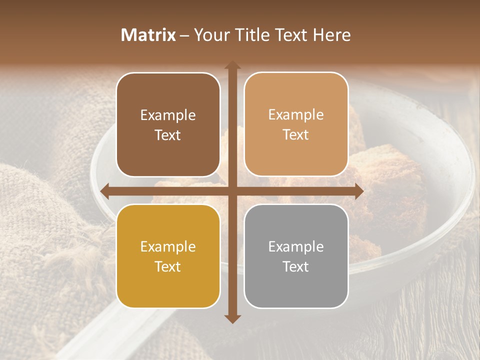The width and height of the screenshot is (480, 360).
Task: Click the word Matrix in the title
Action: click(x=148, y=35)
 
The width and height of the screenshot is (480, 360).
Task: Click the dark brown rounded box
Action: click(x=168, y=125)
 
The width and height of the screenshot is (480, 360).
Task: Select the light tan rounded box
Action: click(x=296, y=124)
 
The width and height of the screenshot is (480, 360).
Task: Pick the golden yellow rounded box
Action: click(x=168, y=256)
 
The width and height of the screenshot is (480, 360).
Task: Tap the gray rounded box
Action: click(x=296, y=256)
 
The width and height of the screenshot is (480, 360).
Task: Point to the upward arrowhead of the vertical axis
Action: click(x=232, y=65)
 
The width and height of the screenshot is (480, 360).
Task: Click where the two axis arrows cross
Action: click(x=232, y=191)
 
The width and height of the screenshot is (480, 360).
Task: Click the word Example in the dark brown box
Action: click(x=168, y=115)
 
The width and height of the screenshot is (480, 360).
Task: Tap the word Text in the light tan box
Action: click(x=296, y=135)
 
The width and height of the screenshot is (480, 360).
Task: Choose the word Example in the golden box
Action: click(x=168, y=246)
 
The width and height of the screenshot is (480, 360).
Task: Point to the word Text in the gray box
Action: click(x=296, y=266)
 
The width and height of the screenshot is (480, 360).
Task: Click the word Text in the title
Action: click(x=289, y=35)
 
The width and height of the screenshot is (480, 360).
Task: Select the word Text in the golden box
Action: click(x=168, y=266)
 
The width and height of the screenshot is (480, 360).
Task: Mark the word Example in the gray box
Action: click(x=296, y=246)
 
